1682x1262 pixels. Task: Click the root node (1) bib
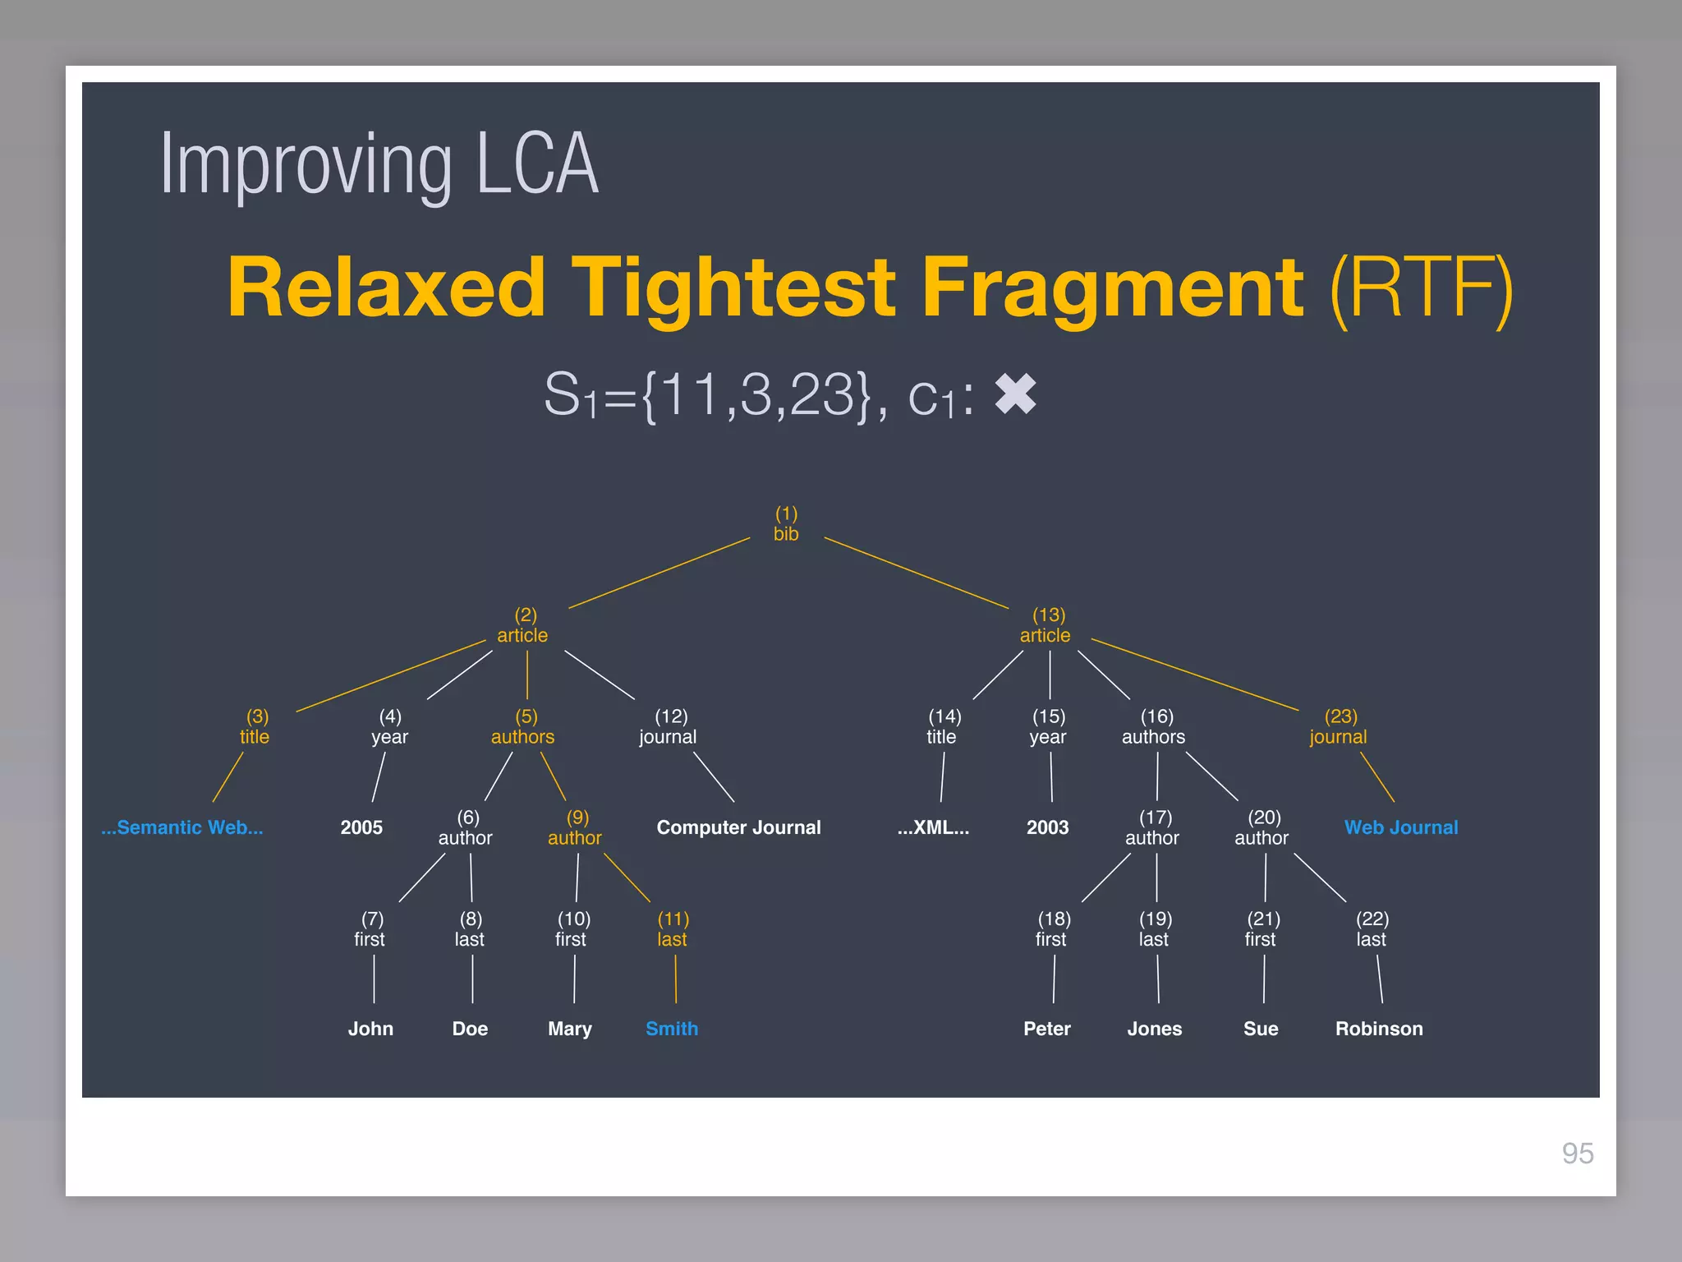point(786,524)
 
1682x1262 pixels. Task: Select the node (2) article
point(523,626)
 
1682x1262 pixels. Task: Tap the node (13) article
point(1046,626)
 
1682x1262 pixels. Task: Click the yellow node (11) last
point(673,929)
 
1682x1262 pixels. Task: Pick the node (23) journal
point(1339,727)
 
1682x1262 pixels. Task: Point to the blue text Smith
point(672,1029)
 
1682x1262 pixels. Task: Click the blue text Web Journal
point(1401,827)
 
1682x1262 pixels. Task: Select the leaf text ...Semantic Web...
point(182,827)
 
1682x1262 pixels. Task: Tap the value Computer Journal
point(738,827)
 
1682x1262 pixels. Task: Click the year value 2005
point(361,827)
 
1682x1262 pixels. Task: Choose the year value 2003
point(1047,827)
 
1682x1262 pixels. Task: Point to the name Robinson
point(1379,1029)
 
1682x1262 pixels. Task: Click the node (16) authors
point(1154,727)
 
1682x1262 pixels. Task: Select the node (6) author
point(466,828)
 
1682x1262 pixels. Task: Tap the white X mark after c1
point(1016,394)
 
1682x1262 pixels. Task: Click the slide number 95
point(1577,1154)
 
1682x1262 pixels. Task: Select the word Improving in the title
point(306,164)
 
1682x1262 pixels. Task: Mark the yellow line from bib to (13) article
point(916,573)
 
